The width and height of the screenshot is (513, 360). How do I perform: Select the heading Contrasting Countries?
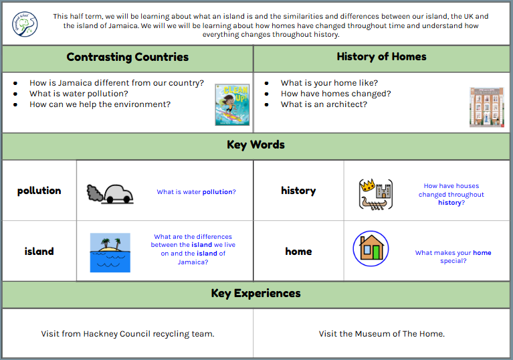pos(128,57)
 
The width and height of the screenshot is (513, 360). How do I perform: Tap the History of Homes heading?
pos(381,57)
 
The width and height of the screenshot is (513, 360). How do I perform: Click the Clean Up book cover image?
pos(232,104)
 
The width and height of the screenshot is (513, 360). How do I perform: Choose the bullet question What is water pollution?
pos(78,94)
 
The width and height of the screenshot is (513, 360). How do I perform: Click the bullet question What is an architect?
pos(324,104)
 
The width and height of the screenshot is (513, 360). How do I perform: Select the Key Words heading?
pos(256,145)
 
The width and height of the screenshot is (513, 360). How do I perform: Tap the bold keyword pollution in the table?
pos(39,191)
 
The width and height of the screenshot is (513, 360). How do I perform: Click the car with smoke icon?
pos(110,193)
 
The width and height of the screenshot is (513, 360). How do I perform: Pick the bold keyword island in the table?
pos(39,252)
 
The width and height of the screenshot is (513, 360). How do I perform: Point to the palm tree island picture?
pos(110,252)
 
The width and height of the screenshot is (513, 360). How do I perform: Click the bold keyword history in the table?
pos(298,191)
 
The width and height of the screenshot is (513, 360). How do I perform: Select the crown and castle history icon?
pos(375,194)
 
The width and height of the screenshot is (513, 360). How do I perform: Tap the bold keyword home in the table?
pos(298,252)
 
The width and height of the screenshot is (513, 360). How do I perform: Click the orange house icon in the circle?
pos(371,248)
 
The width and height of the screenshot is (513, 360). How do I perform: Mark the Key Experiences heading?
pos(256,293)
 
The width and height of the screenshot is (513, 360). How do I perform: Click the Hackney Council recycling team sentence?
pos(128,333)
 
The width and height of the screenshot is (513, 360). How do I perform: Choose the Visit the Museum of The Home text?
pos(381,333)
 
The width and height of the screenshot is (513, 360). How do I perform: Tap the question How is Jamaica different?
pos(116,83)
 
